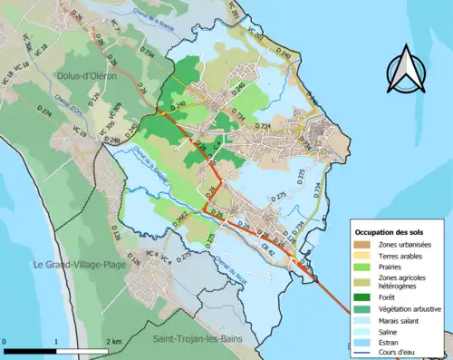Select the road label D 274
point(46,112)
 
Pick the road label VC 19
point(79,133)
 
